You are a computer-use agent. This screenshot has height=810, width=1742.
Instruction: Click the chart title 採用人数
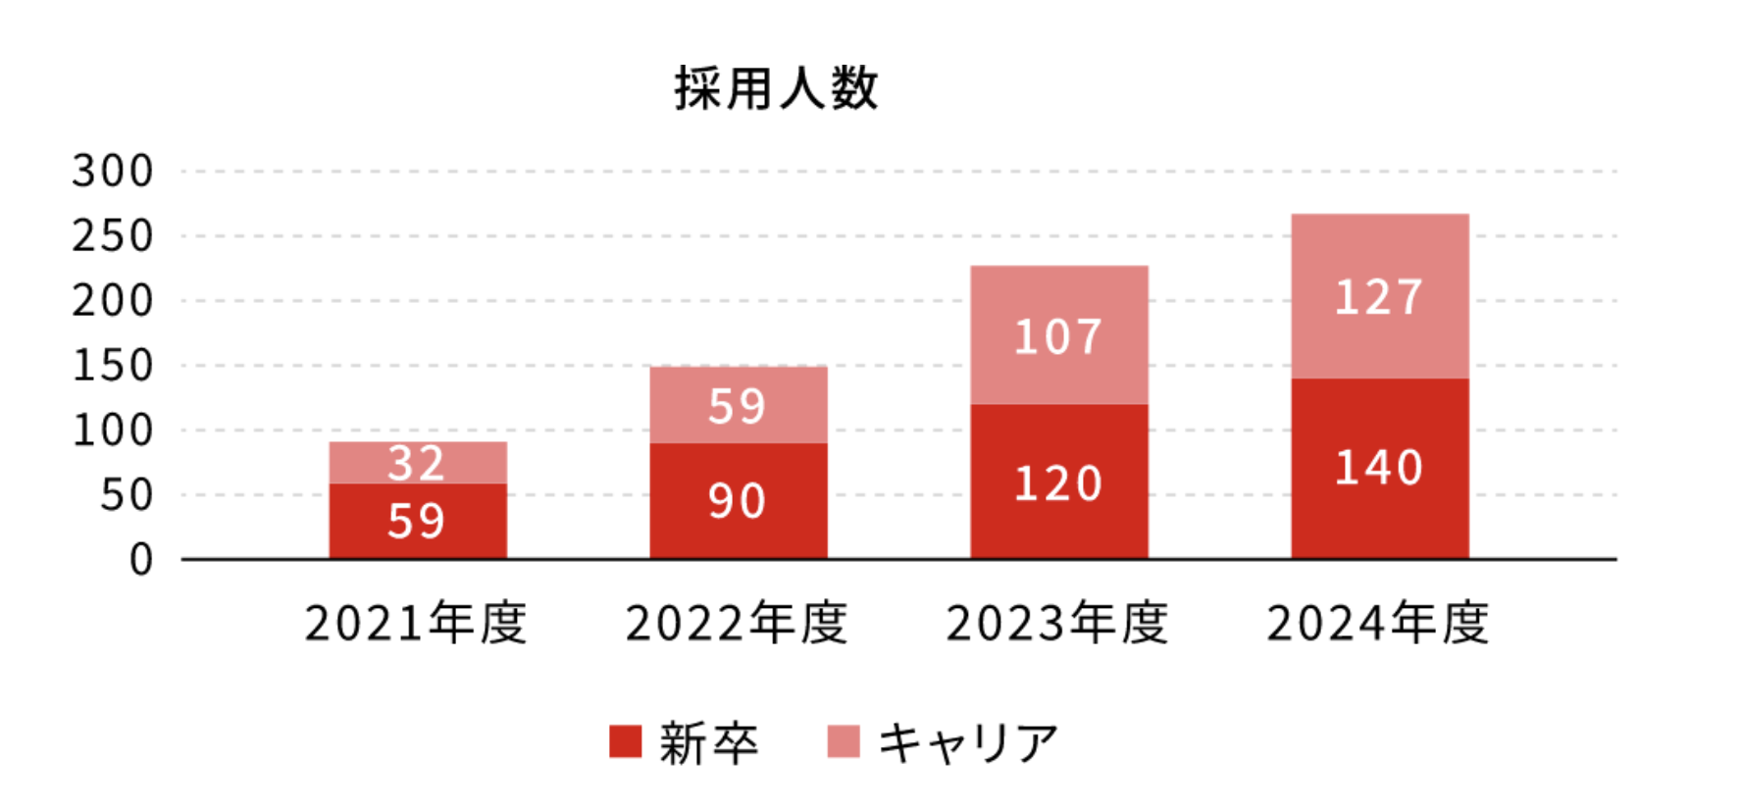point(775,89)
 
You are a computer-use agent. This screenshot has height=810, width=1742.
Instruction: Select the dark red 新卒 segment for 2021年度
point(418,521)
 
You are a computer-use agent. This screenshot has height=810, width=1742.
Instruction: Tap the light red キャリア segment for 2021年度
point(418,462)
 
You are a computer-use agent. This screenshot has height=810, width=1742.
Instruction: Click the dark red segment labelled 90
point(738,500)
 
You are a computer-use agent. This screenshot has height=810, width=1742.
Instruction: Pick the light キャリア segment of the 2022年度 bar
point(738,405)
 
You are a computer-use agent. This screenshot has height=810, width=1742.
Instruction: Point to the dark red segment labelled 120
point(1058,481)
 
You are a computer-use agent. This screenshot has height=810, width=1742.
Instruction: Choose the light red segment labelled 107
point(1058,335)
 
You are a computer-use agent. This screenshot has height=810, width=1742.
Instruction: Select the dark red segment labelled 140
point(1379,468)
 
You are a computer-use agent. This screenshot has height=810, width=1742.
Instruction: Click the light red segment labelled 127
point(1379,296)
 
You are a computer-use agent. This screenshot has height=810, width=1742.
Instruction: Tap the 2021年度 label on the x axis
point(416,624)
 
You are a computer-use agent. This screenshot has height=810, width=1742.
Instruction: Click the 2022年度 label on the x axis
point(737,624)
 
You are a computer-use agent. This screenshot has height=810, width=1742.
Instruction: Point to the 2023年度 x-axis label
point(1057,624)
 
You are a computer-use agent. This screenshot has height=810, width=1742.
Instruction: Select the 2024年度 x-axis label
point(1378,624)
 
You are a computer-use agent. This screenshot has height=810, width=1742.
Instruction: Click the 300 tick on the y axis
point(113,172)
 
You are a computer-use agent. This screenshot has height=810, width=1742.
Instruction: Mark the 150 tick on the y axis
point(113,366)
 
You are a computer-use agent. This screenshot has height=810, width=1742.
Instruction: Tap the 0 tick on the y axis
point(141,560)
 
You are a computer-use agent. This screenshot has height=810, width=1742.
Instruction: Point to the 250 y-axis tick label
point(113,236)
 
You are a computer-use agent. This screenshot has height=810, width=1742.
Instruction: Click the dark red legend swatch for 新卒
point(625,741)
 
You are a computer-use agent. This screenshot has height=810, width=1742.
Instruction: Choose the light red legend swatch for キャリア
point(844,741)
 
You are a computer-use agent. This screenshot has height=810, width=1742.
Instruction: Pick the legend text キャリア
point(968,742)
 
